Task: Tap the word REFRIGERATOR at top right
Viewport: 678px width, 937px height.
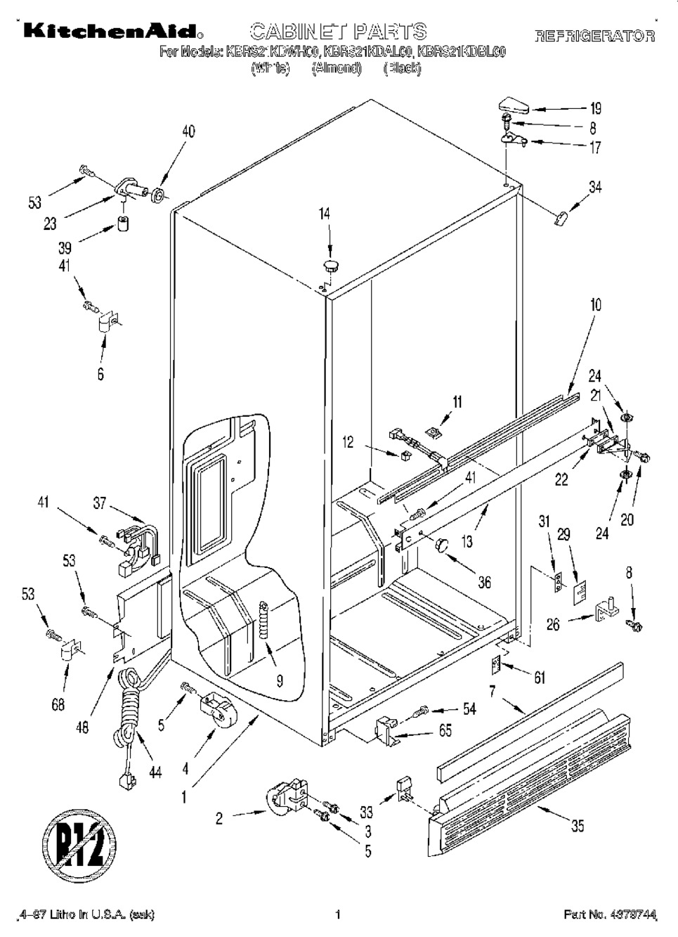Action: tap(594, 35)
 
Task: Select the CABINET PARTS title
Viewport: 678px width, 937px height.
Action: tap(339, 31)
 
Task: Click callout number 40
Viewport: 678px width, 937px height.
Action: tap(189, 131)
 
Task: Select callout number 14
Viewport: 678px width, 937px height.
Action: tap(325, 214)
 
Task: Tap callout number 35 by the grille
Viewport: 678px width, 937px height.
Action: tap(577, 827)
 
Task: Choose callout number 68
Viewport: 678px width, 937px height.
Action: tap(58, 705)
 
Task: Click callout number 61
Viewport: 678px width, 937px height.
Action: tap(539, 677)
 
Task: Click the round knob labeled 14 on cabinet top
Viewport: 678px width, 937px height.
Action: tap(330, 266)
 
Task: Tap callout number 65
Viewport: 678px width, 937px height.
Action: tap(445, 730)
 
